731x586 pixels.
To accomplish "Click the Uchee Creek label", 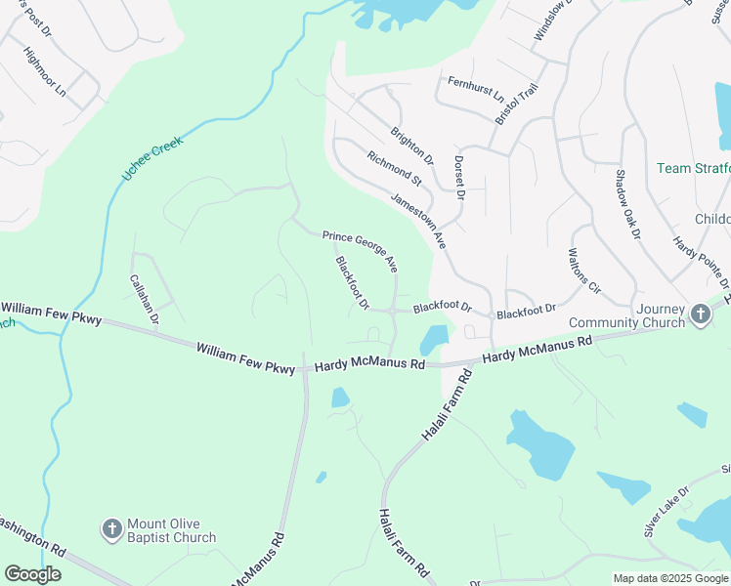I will tap(151, 155).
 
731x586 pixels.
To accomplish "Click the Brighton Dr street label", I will tap(411, 146).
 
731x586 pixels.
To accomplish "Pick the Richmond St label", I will tap(394, 168).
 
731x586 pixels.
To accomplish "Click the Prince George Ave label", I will tap(361, 250).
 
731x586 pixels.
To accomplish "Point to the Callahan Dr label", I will tap(145, 299).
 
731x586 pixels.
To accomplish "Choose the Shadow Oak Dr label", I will tap(626, 204).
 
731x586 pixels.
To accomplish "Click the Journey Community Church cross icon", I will tap(700, 314).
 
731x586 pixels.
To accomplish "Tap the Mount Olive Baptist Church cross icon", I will tap(112, 529).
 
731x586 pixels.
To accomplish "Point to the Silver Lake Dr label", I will tap(666, 512).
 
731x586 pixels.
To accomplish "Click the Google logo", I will tap(32, 574).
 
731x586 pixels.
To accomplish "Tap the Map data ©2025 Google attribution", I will tap(669, 578).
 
